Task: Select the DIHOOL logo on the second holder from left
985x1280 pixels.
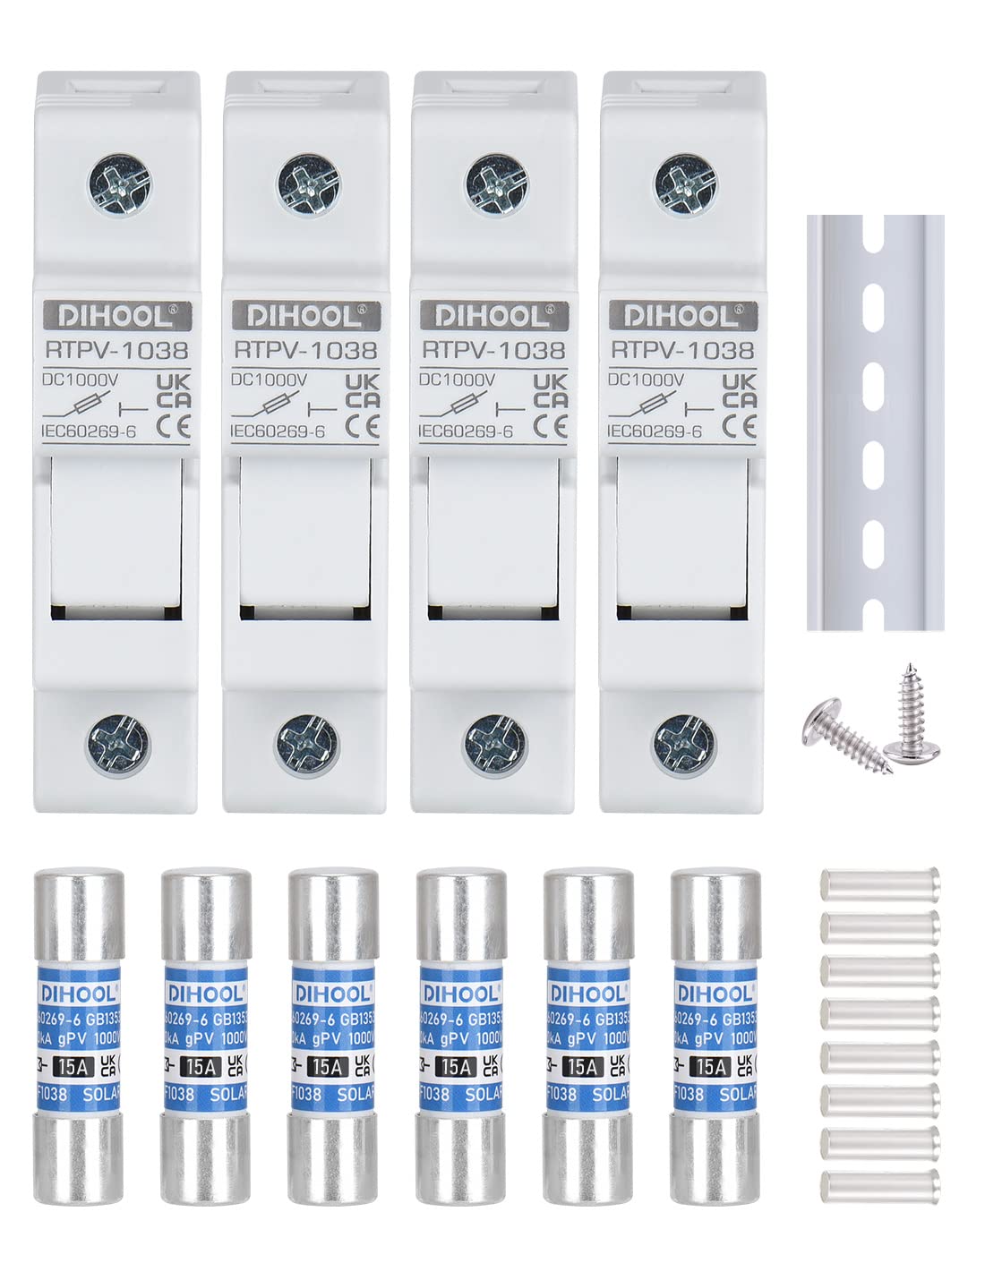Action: (306, 315)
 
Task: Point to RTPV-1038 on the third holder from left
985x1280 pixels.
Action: (493, 350)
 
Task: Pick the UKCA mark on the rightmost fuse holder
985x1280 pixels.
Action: (739, 390)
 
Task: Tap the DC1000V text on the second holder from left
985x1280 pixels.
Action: (269, 380)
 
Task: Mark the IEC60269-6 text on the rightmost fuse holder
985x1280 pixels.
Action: (655, 431)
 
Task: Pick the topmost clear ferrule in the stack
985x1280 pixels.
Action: (879, 882)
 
